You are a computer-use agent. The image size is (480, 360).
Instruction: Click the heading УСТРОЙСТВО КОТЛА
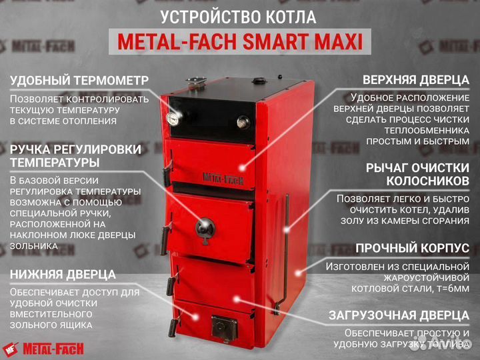(x=239, y=17)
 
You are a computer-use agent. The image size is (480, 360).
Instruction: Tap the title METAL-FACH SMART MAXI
(x=240, y=43)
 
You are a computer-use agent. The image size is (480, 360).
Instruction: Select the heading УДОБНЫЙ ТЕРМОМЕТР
(x=79, y=81)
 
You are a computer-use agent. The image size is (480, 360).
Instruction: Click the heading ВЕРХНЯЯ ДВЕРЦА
(x=411, y=80)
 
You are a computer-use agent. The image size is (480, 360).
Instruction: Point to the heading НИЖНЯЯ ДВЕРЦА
(x=63, y=274)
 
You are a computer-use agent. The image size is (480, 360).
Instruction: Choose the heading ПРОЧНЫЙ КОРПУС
(x=412, y=248)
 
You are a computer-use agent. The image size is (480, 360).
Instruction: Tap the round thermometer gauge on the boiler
(x=175, y=117)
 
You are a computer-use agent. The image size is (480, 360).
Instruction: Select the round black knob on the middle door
(x=204, y=227)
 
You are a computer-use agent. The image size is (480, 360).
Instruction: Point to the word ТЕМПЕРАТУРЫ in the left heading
(x=55, y=162)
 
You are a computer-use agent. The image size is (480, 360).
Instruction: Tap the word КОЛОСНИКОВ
(x=427, y=180)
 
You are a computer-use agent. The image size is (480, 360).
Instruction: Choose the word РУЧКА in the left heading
(x=31, y=148)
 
